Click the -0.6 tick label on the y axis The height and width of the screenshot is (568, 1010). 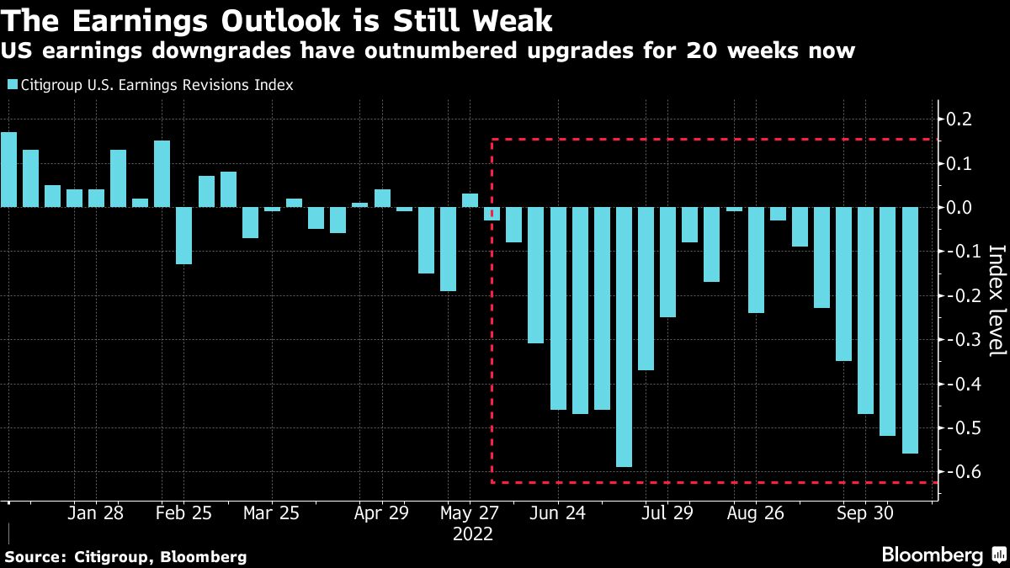coord(959,473)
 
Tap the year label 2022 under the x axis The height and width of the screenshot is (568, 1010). coord(472,533)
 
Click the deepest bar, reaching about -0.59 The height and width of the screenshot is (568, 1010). coord(624,337)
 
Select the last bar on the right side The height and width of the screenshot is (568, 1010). coord(910,330)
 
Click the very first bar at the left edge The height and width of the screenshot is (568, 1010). coord(8,169)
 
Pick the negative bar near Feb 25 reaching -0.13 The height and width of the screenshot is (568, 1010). coord(184,236)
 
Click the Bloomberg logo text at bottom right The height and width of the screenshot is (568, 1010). coord(932,555)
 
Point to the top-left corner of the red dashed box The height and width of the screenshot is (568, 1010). coord(492,140)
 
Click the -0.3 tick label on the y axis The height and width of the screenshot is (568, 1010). coord(959,340)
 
